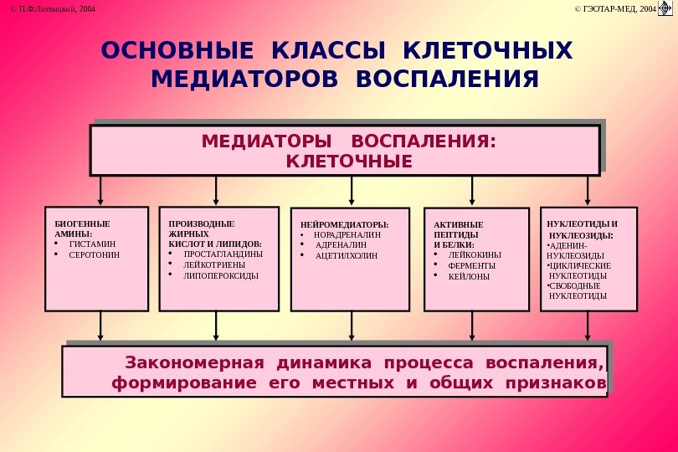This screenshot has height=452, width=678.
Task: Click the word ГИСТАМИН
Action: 92,243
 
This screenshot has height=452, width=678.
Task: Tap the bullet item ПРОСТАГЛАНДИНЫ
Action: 223,253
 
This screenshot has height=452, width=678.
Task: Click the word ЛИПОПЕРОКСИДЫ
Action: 221,275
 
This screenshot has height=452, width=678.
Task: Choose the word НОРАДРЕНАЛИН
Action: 347,235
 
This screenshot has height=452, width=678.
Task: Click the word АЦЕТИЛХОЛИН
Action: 346,254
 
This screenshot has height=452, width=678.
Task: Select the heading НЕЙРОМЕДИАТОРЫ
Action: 344,225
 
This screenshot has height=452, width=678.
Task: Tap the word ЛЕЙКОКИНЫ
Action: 475,254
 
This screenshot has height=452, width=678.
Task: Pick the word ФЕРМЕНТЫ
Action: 472,265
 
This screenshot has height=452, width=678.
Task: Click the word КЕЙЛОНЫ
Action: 469,276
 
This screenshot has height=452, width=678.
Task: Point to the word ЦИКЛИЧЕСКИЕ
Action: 580,265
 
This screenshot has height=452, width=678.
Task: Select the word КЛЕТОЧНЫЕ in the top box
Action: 349,160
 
